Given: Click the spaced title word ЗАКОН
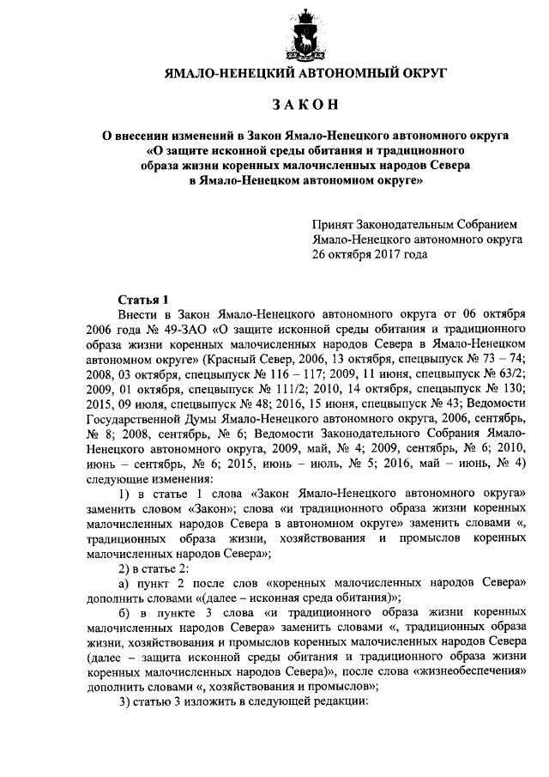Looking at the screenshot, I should [306, 105].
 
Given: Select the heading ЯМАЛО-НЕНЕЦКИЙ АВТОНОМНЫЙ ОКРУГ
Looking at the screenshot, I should [306, 74].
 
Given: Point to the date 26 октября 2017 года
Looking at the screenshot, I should [369, 255].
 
